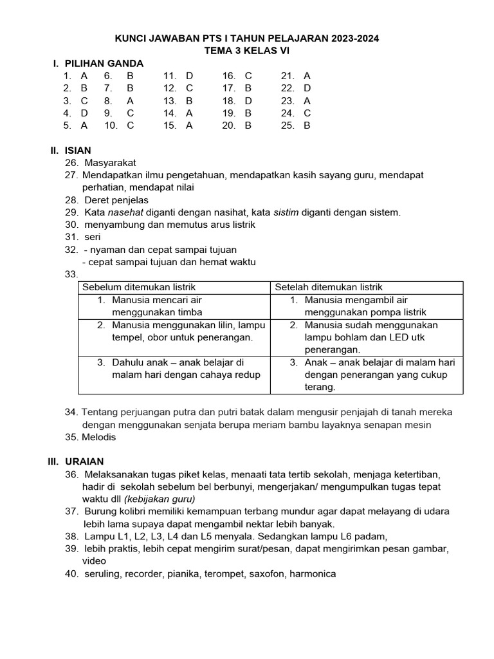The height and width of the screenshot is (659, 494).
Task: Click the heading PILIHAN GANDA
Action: tap(104, 63)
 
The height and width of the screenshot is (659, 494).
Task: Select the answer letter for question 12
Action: tap(189, 88)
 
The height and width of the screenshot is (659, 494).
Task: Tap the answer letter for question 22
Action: tap(307, 88)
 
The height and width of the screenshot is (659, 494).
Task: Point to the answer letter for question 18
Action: tap(248, 100)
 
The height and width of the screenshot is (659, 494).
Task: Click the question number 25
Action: tap(288, 125)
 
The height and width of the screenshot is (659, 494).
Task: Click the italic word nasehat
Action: tap(125, 212)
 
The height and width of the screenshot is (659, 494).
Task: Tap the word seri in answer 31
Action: tap(93, 237)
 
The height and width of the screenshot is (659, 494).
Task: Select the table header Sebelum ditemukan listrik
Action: tap(138, 287)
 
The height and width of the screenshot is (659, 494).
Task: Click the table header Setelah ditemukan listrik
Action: tap(329, 287)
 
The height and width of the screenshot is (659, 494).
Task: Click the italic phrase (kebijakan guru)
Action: tap(160, 499)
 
